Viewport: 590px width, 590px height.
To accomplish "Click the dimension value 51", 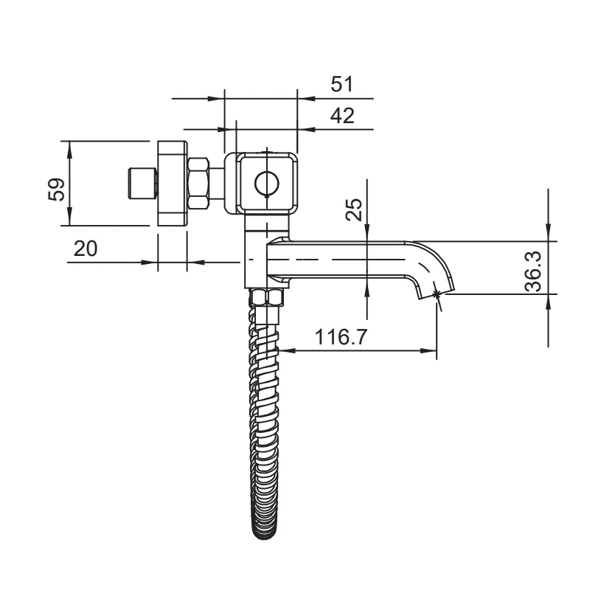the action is coord(342,84).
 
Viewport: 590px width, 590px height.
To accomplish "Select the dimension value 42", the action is coord(342,116).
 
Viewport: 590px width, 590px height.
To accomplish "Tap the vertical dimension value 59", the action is coord(57,190).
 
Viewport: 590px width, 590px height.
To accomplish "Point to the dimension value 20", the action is coord(86,249).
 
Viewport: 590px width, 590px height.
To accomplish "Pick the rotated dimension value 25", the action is coord(354,209).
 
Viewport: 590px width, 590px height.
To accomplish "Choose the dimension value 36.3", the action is coord(532,271).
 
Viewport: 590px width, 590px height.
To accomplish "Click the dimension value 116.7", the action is coord(341,337).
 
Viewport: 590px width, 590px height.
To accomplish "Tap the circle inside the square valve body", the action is coord(267,184).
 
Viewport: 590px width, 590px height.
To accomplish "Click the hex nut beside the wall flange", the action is coord(198,183).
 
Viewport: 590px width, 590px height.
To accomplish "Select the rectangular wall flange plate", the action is coord(173,183).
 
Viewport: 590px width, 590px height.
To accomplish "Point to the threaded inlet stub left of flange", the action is coord(142,183).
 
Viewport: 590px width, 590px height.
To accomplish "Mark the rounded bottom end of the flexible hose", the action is coord(265,535).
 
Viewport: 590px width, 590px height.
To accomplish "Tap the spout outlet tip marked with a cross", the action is coord(437,294).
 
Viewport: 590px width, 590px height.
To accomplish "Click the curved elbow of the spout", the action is coord(433,263).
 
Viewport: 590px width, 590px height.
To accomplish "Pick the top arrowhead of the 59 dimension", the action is coord(69,148).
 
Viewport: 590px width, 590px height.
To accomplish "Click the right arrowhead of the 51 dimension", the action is coord(306,99).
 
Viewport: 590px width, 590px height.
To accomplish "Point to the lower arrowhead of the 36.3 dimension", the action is coord(548,302).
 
